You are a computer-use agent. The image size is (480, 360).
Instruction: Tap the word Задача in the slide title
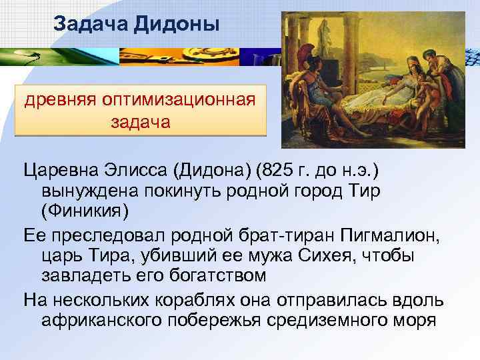coord(91,25)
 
